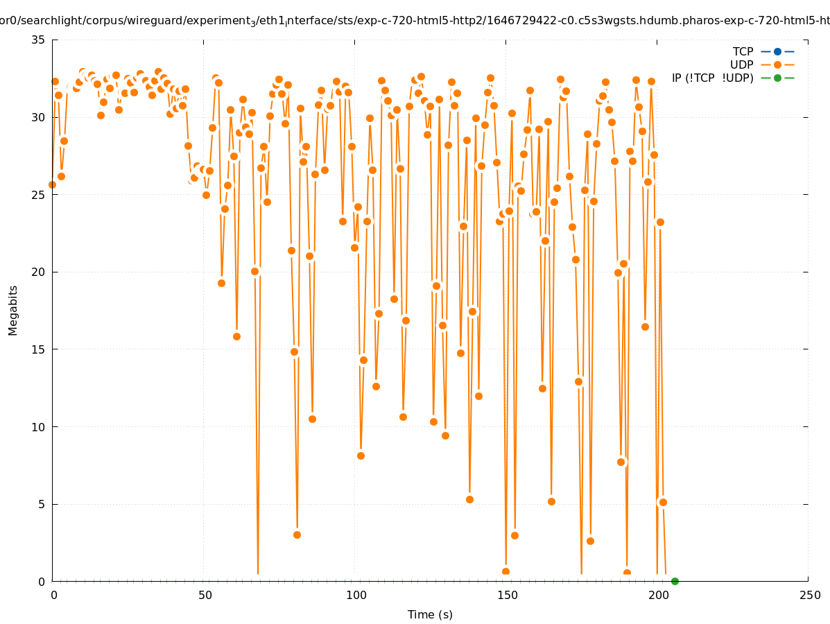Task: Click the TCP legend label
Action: point(743,51)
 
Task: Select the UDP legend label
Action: point(741,64)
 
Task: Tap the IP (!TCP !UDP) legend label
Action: point(712,78)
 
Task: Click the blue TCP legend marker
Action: point(777,51)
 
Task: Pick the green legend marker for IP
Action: point(777,78)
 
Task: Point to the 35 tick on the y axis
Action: point(39,40)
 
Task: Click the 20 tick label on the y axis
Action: point(39,272)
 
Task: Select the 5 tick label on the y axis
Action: point(42,504)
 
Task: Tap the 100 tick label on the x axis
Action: point(355,595)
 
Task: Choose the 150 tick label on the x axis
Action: point(506,595)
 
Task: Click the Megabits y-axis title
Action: point(13,310)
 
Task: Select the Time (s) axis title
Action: point(430,614)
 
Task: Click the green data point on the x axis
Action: point(675,581)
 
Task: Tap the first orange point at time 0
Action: point(52,184)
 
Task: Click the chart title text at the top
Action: point(415,21)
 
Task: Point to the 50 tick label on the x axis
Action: point(204,595)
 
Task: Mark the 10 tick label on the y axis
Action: point(39,426)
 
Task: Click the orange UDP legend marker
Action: point(777,64)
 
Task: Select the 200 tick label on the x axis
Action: point(657,595)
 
